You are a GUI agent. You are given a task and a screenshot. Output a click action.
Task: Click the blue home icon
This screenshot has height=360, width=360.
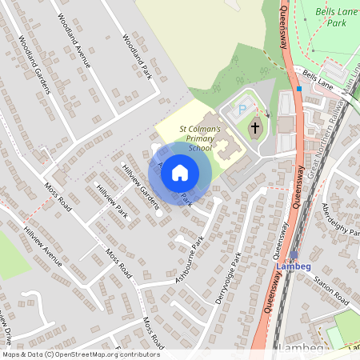point(180,171)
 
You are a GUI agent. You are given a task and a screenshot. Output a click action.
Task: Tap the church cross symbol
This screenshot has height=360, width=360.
point(255,128)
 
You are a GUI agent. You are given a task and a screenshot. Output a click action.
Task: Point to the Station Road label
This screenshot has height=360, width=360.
point(331,291)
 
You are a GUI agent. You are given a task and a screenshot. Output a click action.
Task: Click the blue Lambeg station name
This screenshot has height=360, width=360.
point(293,266)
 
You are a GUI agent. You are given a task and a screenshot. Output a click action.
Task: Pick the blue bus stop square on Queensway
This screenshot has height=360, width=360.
point(298,89)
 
